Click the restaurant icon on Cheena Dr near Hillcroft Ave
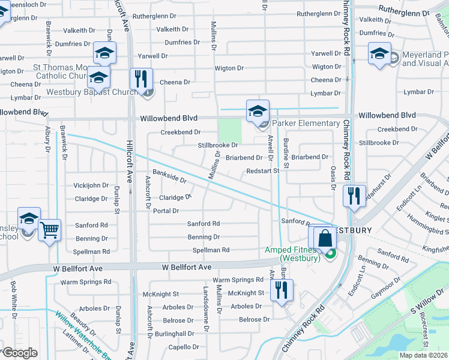point(141,79)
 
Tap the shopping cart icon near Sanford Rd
point(49,230)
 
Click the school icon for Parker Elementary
point(258,111)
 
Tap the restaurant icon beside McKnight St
point(280,290)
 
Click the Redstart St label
point(263,171)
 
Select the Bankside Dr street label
point(169,176)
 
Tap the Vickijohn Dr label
point(91,185)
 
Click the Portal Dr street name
point(166,211)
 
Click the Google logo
point(20,353)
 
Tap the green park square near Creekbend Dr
point(229,130)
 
